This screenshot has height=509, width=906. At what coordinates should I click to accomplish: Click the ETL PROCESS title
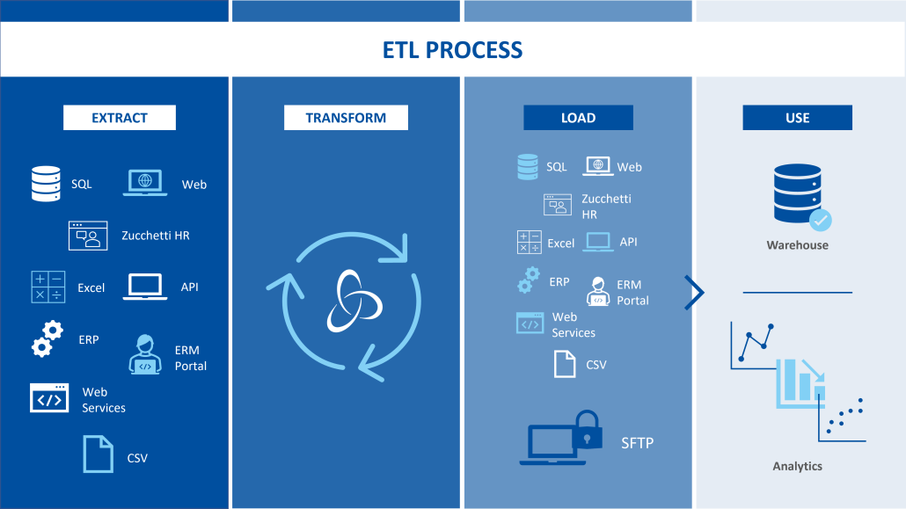[x=452, y=50]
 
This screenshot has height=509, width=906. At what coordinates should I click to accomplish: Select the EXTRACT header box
[x=120, y=118]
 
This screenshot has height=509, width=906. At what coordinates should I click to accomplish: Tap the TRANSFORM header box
[x=346, y=118]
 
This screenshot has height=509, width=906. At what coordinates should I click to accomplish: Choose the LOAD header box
[x=579, y=118]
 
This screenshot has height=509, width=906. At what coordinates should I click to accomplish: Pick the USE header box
[x=798, y=118]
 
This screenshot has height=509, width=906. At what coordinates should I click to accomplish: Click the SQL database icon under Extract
[x=46, y=184]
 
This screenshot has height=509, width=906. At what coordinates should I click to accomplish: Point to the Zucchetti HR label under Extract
[x=156, y=236]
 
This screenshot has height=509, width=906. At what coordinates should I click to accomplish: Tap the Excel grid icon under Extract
[x=48, y=287]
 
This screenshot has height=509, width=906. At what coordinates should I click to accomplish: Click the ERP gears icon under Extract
[x=47, y=338]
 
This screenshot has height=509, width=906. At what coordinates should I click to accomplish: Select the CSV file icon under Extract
[x=99, y=454]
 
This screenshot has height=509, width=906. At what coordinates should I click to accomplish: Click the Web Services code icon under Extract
[x=49, y=398]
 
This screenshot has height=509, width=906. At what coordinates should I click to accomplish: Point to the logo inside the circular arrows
[x=354, y=301]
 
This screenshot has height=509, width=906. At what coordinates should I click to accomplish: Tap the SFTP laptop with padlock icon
[x=561, y=438]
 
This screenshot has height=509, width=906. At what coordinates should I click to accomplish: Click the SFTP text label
[x=638, y=443]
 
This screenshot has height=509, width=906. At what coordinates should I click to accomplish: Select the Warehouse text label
[x=798, y=245]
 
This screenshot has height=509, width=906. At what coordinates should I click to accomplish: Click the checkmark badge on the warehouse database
[x=820, y=221]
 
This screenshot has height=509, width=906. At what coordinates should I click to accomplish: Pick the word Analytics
[x=798, y=466]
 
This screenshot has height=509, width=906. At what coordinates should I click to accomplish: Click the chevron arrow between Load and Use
[x=695, y=293]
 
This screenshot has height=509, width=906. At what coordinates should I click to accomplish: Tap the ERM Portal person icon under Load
[x=598, y=291]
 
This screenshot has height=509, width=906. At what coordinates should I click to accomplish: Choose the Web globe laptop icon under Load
[x=598, y=166]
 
